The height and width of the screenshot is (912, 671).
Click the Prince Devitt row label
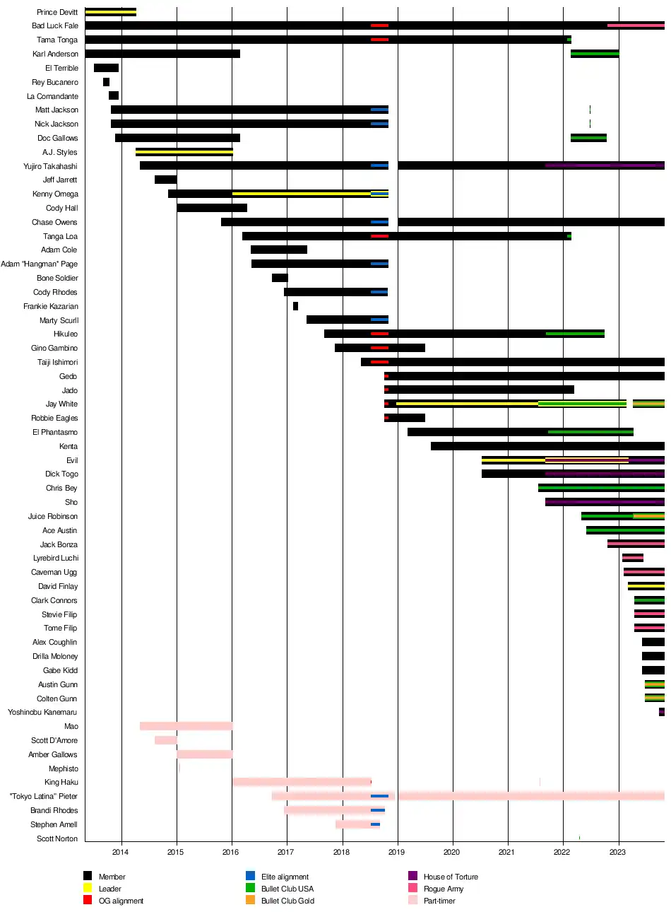pyautogui.click(x=57, y=12)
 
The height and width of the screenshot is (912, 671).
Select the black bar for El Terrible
pyautogui.click(x=106, y=68)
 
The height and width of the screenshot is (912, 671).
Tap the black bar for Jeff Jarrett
pyautogui.click(x=165, y=180)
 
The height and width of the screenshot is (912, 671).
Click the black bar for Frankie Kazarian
pyautogui.click(x=295, y=306)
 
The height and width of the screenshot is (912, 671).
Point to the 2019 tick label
pyautogui.click(x=396, y=852)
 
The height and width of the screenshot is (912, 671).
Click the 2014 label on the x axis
pyautogui.click(x=121, y=852)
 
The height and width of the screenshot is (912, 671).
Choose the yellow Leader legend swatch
pyautogui.click(x=88, y=888)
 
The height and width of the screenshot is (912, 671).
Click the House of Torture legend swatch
pyautogui.click(x=412, y=876)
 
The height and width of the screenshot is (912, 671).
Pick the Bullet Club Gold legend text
pyautogui.click(x=287, y=901)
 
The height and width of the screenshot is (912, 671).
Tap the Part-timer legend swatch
pyautogui.click(x=412, y=900)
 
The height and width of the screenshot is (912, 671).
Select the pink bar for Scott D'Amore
pyautogui.click(x=165, y=740)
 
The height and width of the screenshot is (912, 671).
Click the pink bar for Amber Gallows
pyautogui.click(x=204, y=754)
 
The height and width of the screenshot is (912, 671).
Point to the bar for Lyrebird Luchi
pyautogui.click(x=632, y=558)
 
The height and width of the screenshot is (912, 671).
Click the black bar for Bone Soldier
pyautogui.click(x=280, y=278)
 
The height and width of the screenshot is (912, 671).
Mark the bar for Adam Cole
pyautogui.click(x=278, y=250)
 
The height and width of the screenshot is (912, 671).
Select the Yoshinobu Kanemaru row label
pyautogui.click(x=42, y=712)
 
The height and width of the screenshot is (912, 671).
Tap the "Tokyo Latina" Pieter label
pyautogui.click(x=44, y=796)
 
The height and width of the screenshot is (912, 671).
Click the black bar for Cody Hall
pyautogui.click(x=211, y=208)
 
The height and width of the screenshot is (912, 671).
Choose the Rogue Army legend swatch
pyautogui.click(x=412, y=888)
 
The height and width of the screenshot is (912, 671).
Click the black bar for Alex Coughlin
pyautogui.click(x=653, y=642)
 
